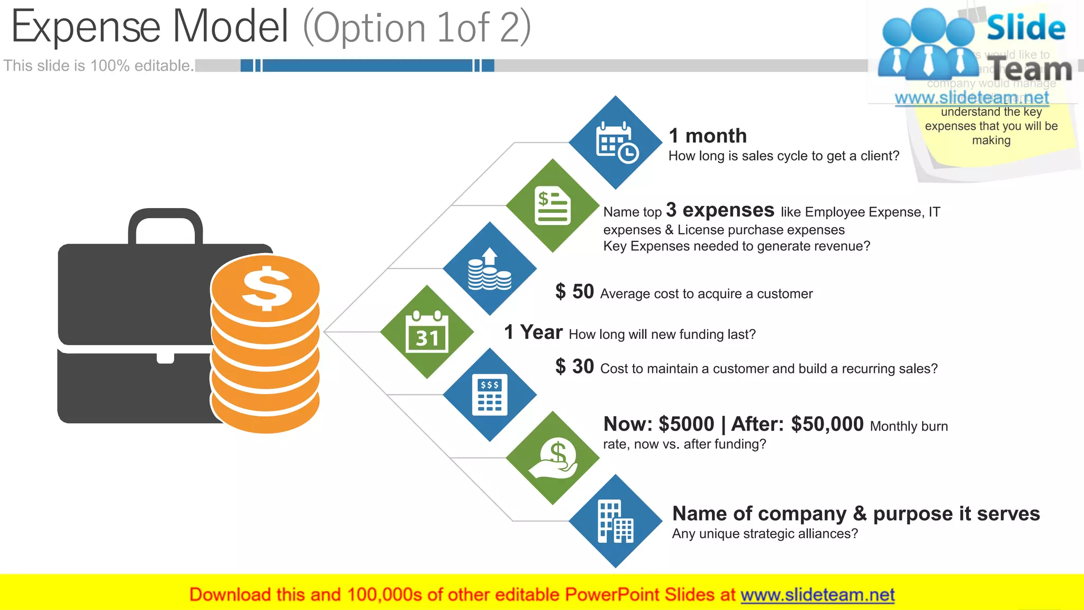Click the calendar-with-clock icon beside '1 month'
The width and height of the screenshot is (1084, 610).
point(616,142)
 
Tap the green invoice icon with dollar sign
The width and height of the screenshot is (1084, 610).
point(553,205)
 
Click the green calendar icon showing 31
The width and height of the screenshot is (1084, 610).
point(427,332)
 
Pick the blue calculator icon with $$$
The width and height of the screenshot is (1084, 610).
point(490,395)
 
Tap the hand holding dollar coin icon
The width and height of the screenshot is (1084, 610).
point(553,458)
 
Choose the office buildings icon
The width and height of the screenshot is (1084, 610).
point(616,521)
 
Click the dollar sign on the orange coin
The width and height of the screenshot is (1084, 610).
point(266,289)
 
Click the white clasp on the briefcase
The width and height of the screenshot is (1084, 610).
point(165,357)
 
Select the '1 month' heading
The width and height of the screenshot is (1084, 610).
point(708,136)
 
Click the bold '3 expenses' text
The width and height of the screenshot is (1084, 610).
point(720,210)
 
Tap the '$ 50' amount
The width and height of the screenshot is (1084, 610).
point(574,292)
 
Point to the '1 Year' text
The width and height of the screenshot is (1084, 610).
point(533,333)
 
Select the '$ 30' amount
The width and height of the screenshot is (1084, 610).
point(574,366)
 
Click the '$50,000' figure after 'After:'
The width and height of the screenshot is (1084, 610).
point(827,424)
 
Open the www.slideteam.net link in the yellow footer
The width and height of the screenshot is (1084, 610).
point(817,595)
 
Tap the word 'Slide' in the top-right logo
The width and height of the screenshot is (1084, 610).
point(1026,28)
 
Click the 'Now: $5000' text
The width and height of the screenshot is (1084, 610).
point(658,424)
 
